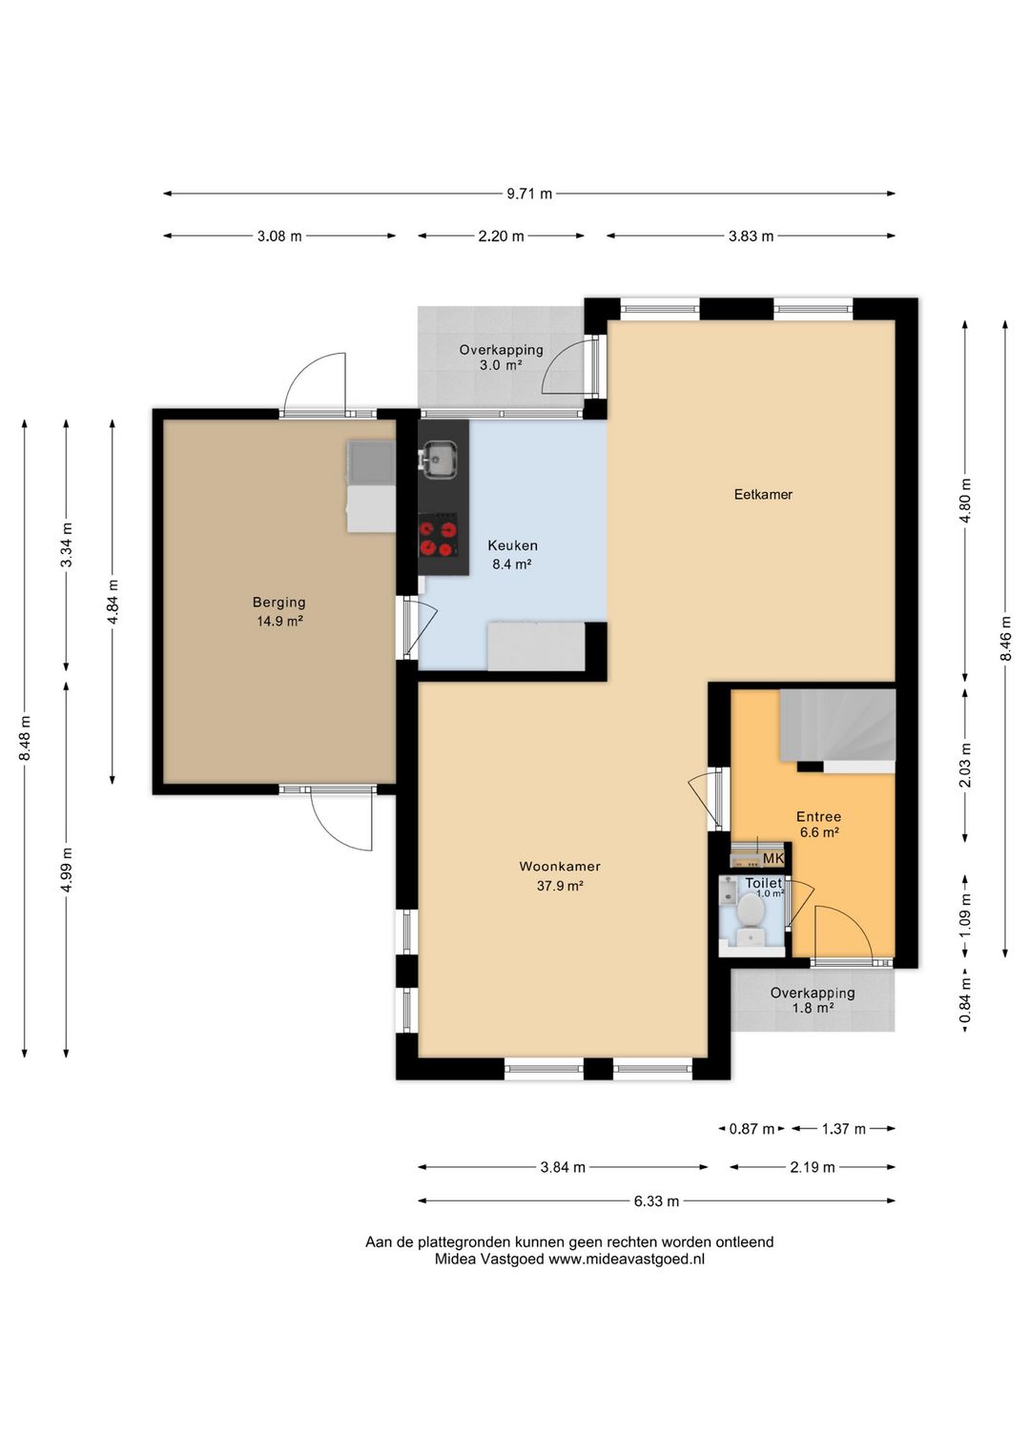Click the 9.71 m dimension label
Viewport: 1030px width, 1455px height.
tap(529, 194)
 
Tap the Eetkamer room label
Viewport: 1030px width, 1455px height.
tap(763, 494)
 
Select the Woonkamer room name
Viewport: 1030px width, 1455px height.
tap(560, 867)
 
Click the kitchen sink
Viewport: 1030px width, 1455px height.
tap(440, 459)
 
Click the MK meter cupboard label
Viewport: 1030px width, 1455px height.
tap(773, 859)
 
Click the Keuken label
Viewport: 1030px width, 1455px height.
tap(513, 545)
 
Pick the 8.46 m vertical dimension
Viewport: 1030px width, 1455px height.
tap(1005, 638)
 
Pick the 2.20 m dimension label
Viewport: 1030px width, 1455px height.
tap(501, 236)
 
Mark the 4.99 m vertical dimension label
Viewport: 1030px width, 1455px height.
tap(67, 870)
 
